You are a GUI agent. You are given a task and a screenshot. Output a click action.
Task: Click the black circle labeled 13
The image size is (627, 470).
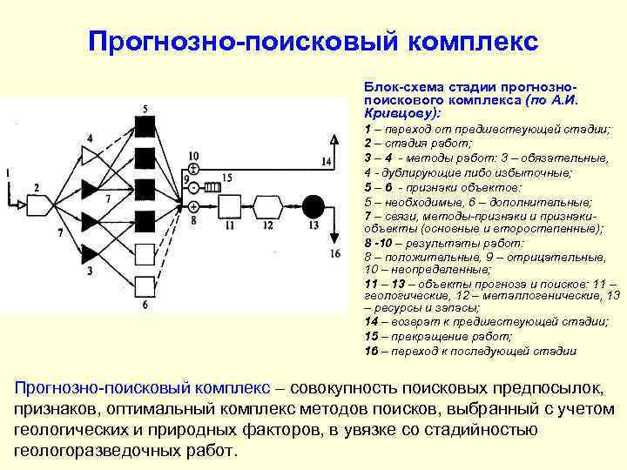coord(313,206)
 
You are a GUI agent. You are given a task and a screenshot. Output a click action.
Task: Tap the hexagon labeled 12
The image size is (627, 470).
coord(267,206)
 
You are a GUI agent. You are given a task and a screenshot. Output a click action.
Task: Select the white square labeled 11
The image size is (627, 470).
coord(229,206)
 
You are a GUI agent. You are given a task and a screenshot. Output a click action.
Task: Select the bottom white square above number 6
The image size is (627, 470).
coord(145,281)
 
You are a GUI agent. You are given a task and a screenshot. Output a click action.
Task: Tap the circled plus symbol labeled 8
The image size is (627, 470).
coord(193,206)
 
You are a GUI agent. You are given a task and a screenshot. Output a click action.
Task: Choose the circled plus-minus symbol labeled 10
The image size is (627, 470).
coord(193,168)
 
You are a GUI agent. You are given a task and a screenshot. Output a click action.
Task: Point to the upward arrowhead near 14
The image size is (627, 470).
coord(334,138)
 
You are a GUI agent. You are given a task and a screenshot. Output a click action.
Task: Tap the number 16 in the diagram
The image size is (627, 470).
coord(336,254)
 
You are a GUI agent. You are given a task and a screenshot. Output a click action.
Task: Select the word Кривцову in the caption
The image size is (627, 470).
coord(393,114)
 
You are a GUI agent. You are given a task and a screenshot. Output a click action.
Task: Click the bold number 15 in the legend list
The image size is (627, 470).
coord(371,336)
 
